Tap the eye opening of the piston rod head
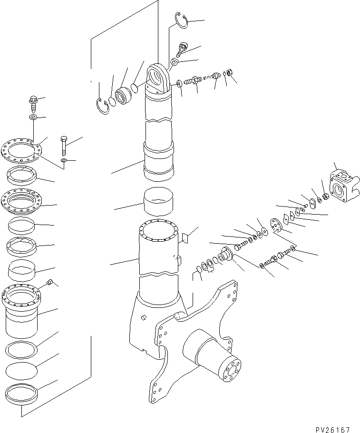point(156,76)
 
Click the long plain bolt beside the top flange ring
point(64,145)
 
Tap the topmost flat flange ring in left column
point(22,149)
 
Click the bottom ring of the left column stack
point(22,394)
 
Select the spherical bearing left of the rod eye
point(124,97)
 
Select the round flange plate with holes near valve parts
point(274,226)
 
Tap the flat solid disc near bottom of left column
point(22,370)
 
